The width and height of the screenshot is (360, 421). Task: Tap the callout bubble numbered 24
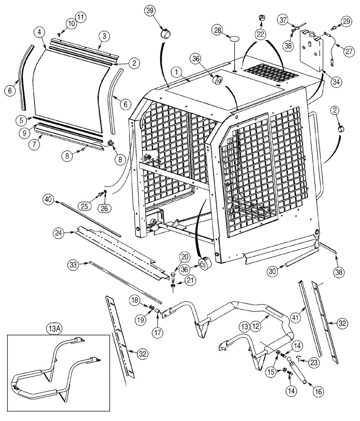[60, 232]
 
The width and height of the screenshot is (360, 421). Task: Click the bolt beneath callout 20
[174, 276]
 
